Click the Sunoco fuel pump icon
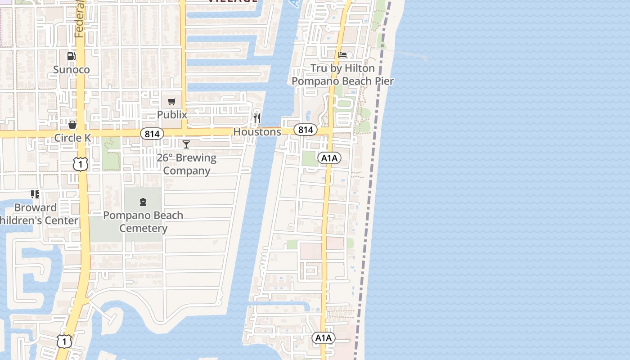(71, 56)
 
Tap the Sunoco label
(72, 69)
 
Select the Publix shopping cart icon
(171, 102)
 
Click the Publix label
(172, 115)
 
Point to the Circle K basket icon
(72, 125)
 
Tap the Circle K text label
(72, 138)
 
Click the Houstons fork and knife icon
(257, 118)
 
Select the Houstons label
(257, 132)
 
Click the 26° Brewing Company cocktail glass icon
(186, 144)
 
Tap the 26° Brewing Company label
(186, 164)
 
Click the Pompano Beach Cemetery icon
(143, 202)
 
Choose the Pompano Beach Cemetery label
(143, 221)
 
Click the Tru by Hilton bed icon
(343, 55)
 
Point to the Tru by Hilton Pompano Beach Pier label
(343, 75)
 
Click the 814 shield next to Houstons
(305, 130)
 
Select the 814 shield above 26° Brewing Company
(152, 134)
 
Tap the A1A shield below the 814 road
(329, 158)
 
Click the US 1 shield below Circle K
(81, 164)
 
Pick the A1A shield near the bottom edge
(324, 338)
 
